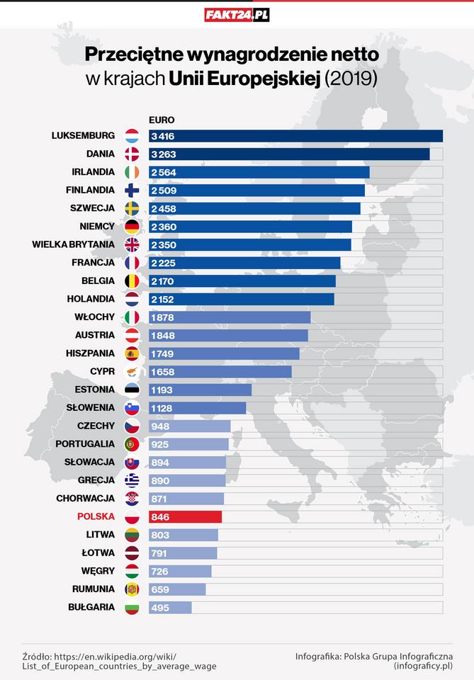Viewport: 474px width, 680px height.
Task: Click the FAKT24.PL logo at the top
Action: pyautogui.click(x=237, y=14)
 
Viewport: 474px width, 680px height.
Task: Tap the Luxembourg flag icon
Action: pyautogui.click(x=132, y=136)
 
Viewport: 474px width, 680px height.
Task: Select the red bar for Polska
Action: pyautogui.click(x=186, y=516)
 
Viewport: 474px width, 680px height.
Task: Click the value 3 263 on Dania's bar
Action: pyautogui.click(x=164, y=154)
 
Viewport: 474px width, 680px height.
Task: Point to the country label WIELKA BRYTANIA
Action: pyautogui.click(x=74, y=244)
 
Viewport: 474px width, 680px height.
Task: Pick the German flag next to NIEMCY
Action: pyautogui.click(x=132, y=227)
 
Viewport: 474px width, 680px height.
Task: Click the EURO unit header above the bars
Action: pyautogui.click(x=162, y=120)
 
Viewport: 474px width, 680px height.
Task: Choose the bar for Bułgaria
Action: pyautogui.click(x=171, y=607)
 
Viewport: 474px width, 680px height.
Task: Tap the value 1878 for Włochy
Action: pyautogui.click(x=163, y=317)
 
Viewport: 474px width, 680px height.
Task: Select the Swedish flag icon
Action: pyautogui.click(x=132, y=208)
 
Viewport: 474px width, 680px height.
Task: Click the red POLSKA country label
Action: pyautogui.click(x=96, y=516)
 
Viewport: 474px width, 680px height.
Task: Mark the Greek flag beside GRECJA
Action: pyautogui.click(x=132, y=480)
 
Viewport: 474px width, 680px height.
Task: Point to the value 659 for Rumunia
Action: pyautogui.click(x=161, y=589)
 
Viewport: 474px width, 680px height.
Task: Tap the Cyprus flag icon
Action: pyautogui.click(x=132, y=371)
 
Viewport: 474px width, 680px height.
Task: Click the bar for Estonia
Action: pyautogui.click(x=201, y=390)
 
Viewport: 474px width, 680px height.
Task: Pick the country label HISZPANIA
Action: pyautogui.click(x=89, y=353)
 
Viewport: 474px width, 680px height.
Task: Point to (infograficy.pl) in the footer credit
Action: pyautogui.click(x=423, y=666)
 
